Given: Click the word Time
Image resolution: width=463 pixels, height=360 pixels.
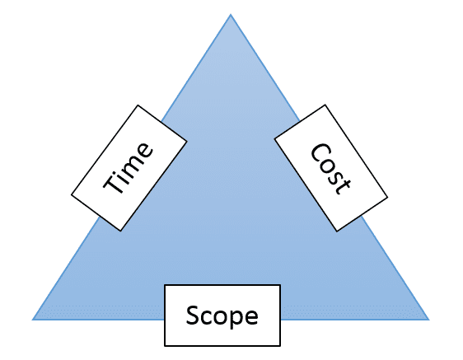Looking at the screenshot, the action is [x=129, y=169].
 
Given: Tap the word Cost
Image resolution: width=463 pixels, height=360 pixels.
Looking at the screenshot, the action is [x=331, y=169].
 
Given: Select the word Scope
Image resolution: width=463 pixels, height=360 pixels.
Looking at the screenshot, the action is [x=222, y=316].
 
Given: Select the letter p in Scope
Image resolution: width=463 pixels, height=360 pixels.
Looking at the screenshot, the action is [x=236, y=319].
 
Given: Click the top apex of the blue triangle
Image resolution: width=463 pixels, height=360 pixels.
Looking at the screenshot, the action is [x=231, y=14].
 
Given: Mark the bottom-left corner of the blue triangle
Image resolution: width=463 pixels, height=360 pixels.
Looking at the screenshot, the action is [x=32, y=320].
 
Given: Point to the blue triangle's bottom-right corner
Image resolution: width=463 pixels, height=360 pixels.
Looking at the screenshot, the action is [x=429, y=320].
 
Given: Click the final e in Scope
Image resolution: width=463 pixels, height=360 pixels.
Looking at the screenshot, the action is [x=251, y=317].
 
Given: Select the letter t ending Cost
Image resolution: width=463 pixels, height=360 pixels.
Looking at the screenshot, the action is [x=344, y=185].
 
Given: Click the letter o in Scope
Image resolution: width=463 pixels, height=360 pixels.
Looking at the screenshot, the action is [x=221, y=317].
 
